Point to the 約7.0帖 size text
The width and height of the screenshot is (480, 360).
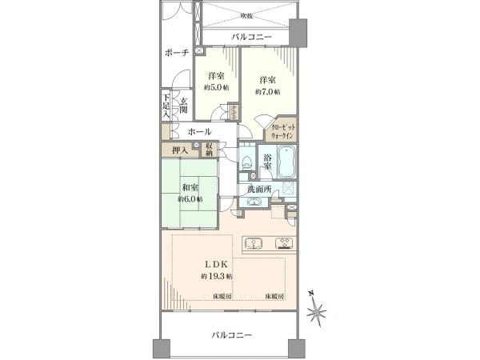click(x=266, y=92)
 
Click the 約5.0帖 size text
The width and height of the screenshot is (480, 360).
click(x=214, y=87)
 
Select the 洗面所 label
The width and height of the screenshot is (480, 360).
click(x=259, y=190)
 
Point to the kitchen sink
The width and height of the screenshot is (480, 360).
click(x=252, y=244)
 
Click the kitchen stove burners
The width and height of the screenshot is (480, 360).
click(x=283, y=244)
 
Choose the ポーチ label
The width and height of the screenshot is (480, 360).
click(x=176, y=53)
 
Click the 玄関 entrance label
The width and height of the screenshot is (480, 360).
click(x=184, y=106)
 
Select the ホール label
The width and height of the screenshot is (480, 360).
click(x=199, y=131)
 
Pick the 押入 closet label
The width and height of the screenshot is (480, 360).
click(x=179, y=150)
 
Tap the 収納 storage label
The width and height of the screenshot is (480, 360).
click(x=209, y=149)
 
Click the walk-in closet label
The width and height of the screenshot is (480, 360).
click(x=284, y=130)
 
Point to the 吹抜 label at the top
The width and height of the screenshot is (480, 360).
click(x=247, y=15)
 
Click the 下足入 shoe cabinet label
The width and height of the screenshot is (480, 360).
click(x=166, y=106)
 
